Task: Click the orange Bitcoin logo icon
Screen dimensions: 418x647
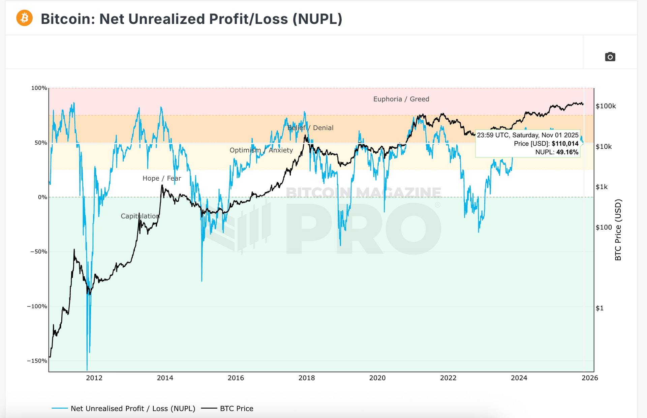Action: tap(25, 18)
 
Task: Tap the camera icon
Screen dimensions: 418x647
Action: tap(610, 57)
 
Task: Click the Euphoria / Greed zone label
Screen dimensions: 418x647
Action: tap(401, 99)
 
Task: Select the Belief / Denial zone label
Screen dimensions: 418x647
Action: tap(310, 128)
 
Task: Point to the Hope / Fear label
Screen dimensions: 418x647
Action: tap(162, 178)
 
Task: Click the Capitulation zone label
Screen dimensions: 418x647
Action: tap(140, 216)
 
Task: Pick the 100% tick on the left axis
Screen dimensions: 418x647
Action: tap(39, 88)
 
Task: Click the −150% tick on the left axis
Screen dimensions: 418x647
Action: tap(37, 361)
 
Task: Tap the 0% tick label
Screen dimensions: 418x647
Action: tap(42, 197)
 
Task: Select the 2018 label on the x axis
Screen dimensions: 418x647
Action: tap(307, 378)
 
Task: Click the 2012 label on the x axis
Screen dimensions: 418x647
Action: tap(94, 378)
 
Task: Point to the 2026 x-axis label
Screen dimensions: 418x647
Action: tap(590, 378)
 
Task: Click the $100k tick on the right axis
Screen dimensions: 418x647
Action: tap(606, 106)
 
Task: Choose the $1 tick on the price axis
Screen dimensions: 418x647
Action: tap(599, 308)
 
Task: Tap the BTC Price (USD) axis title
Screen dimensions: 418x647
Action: tap(618, 230)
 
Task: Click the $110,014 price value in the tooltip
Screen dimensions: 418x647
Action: tap(565, 144)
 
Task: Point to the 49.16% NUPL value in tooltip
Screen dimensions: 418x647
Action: tap(567, 152)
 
